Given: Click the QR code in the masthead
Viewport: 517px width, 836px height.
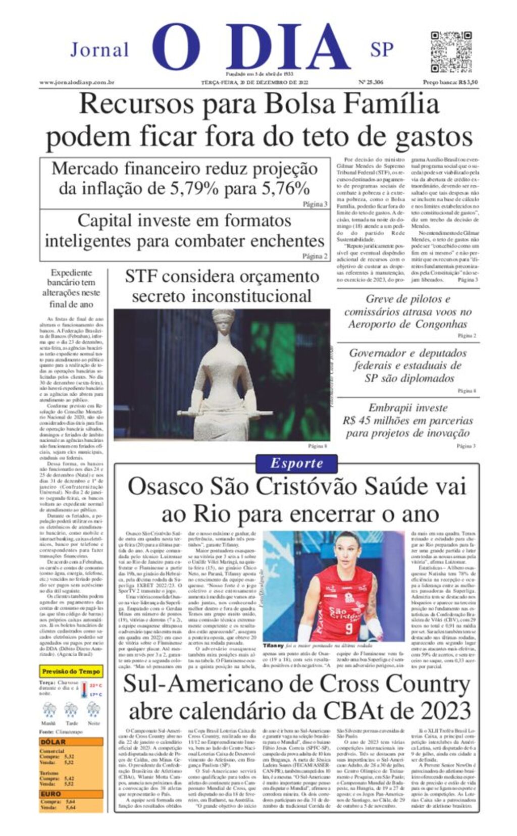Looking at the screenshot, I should [451, 52].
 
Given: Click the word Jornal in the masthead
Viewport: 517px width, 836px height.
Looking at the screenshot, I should [99, 50].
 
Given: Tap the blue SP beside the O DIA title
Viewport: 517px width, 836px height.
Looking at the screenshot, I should [382, 49].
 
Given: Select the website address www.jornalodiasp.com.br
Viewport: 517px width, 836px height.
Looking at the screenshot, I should [77, 82].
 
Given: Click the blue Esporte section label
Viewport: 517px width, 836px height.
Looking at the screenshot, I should [296, 463].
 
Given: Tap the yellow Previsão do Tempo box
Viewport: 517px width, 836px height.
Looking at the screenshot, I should [71, 671].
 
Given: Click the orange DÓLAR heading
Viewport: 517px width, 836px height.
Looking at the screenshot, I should [53, 742].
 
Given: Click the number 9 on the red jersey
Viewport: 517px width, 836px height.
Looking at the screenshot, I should [349, 629].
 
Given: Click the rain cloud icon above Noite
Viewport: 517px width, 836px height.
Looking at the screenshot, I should [93, 709].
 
